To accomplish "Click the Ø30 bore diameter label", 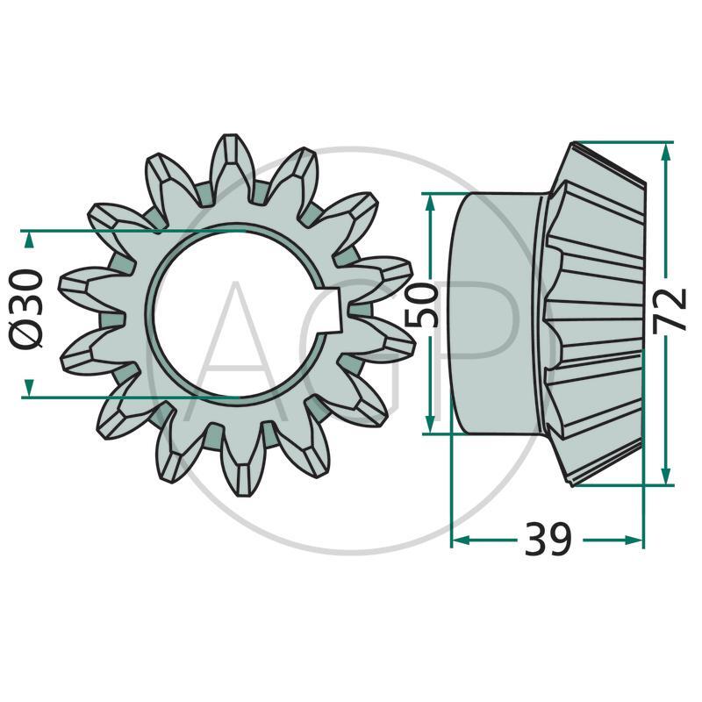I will (x=28, y=312).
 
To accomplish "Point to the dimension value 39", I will (x=548, y=539).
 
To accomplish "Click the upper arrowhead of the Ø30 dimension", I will (x=29, y=240).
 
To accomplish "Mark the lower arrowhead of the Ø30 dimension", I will (x=29, y=387).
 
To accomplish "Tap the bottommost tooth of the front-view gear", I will (x=241, y=465).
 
